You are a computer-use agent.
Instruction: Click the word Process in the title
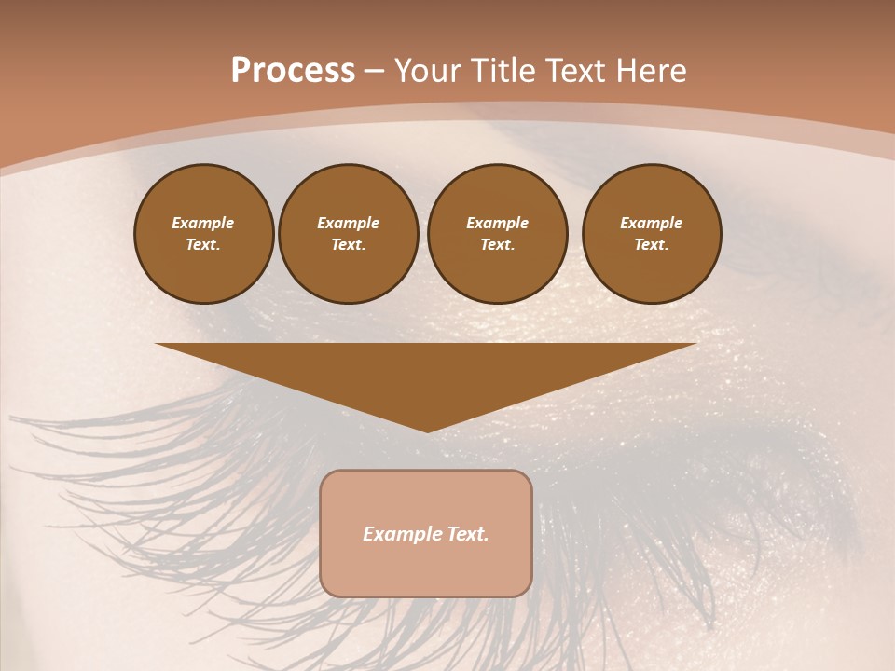pos(293,71)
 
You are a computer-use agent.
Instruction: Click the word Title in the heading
pos(501,71)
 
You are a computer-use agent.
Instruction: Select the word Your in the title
pos(428,71)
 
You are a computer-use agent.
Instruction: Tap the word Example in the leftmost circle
pos(203,223)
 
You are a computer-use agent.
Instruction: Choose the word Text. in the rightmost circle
pos(652,244)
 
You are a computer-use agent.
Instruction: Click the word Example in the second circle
pos(349,223)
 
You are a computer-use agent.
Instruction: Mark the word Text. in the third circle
pos(498,244)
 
